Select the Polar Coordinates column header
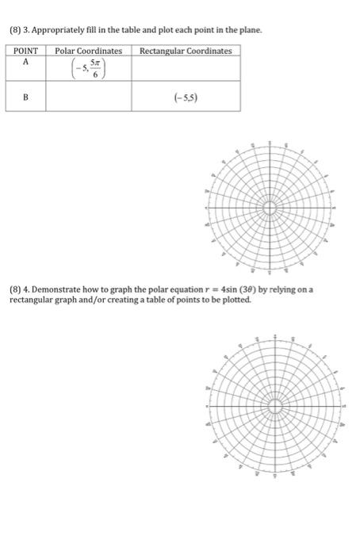[x=88, y=51]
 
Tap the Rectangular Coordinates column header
[x=186, y=51]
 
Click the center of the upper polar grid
[x=270, y=208]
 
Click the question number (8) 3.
[x=17, y=29]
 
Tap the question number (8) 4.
[x=17, y=290]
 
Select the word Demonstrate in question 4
[x=60, y=290]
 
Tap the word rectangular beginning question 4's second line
[x=29, y=299]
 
